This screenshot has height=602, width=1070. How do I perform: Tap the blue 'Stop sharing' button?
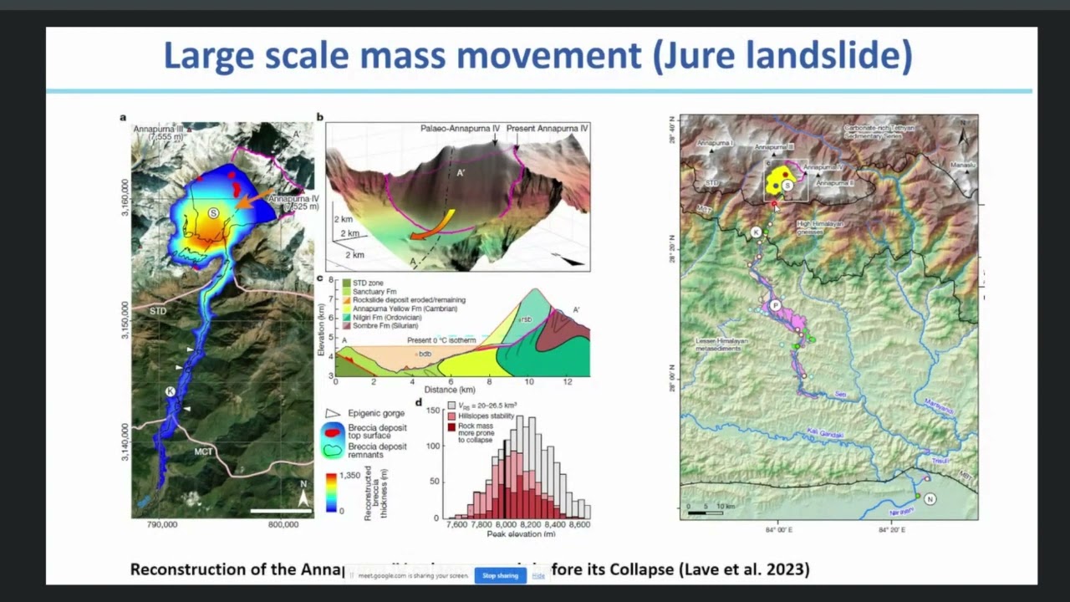[500, 575]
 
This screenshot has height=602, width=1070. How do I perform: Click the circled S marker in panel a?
[213, 214]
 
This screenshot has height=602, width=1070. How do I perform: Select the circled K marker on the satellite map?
[170, 391]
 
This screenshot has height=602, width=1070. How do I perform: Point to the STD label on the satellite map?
[158, 311]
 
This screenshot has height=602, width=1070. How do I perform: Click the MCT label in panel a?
[203, 452]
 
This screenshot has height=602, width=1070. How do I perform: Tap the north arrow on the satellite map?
[303, 498]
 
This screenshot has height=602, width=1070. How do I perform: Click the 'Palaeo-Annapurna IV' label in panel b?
[460, 129]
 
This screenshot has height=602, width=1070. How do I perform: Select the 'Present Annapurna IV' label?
[548, 129]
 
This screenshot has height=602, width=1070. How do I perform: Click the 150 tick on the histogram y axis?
[432, 411]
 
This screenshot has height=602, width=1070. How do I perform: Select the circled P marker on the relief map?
[776, 306]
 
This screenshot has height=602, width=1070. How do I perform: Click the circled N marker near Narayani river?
[930, 499]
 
